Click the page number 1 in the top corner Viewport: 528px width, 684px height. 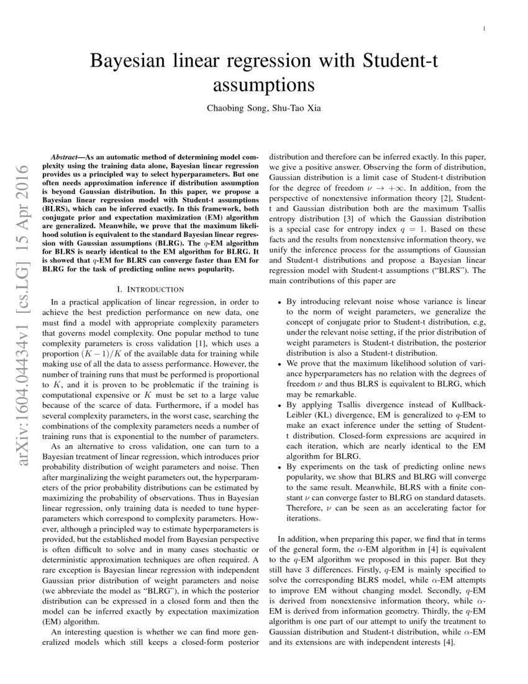484,29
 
